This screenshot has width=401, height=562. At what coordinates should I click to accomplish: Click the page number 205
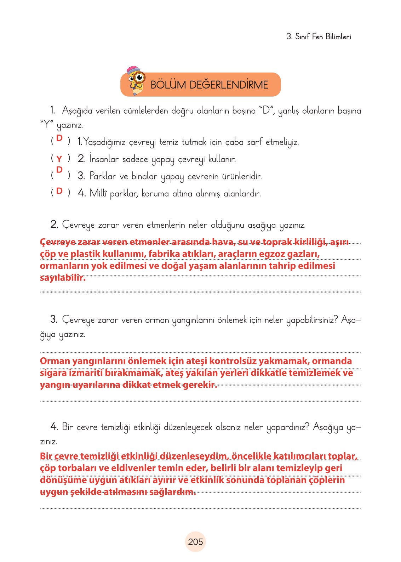tap(195, 542)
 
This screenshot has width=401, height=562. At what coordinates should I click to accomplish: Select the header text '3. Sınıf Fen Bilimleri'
tap(319, 36)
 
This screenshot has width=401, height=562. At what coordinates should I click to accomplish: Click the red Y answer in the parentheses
tap(59, 159)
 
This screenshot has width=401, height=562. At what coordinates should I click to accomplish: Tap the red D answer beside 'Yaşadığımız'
tap(59, 138)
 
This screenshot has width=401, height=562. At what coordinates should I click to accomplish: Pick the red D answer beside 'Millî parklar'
tap(59, 191)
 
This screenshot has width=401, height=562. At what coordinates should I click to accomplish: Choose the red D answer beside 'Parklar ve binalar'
tap(59, 170)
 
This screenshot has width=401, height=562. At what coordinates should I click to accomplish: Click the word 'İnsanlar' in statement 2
tap(104, 159)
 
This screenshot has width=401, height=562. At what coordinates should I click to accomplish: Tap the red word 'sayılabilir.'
tap(63, 278)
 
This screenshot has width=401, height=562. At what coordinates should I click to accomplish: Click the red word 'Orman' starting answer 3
tap(55, 361)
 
